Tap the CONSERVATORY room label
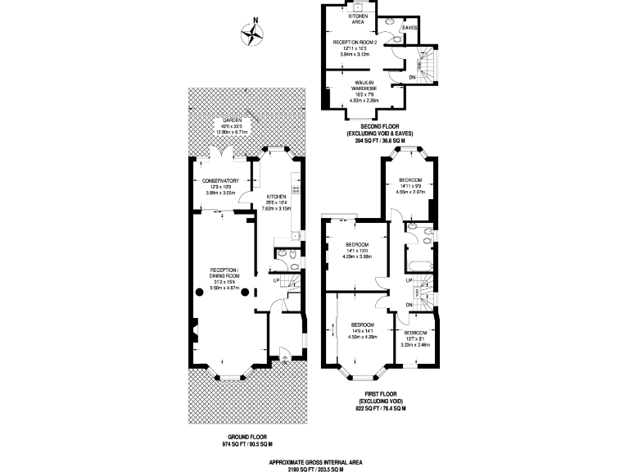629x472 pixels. (x=219, y=180)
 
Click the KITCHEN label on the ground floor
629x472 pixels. (x=276, y=197)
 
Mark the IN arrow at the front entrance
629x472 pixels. (x=282, y=355)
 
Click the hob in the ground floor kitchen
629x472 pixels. (x=296, y=189)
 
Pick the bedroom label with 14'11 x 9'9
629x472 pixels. (x=410, y=179)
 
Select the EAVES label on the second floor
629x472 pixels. (x=410, y=28)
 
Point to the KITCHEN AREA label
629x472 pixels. (x=359, y=19)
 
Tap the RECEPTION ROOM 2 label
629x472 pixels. (x=355, y=41)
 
